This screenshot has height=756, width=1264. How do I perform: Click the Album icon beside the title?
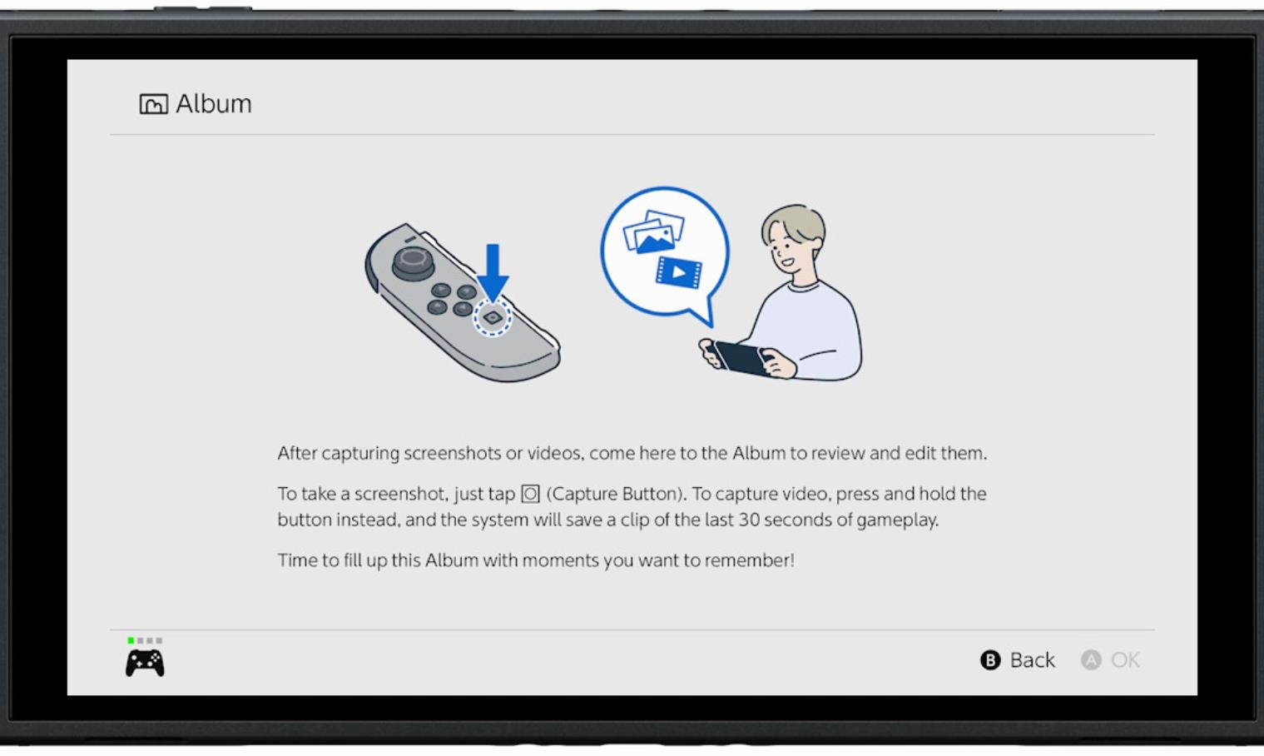coord(153,104)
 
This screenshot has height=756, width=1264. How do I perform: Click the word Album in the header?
coord(214,104)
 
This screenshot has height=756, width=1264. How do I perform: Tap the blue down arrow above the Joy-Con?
coord(493,273)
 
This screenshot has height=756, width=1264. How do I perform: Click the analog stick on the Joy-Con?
coord(413,263)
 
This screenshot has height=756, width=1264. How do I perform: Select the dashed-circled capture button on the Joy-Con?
coord(493,318)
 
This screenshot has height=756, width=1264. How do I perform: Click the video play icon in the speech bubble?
coord(679,273)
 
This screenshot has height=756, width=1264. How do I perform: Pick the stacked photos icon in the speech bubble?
coord(653,232)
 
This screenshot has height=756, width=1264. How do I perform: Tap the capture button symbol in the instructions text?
coord(530,494)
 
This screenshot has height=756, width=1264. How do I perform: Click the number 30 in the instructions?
coord(750,520)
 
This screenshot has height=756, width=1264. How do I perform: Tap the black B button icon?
coord(990,660)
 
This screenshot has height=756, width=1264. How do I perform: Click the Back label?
coord(1032,660)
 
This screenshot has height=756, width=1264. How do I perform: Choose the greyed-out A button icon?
coord(1091,660)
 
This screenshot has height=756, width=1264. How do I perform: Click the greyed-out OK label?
coord(1125,660)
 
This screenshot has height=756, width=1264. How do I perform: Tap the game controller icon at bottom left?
coord(145,663)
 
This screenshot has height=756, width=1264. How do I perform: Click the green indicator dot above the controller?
coord(131,640)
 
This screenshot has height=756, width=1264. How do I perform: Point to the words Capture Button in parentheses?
coord(616,494)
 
